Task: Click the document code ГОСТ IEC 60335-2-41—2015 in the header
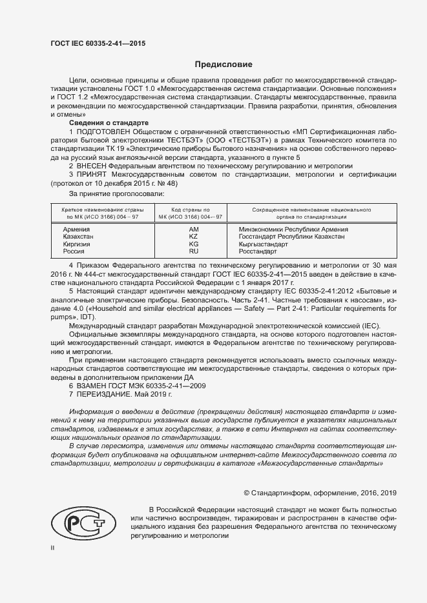(98, 43)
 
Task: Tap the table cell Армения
(76, 229)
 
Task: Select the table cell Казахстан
(78, 237)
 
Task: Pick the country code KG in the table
(193, 244)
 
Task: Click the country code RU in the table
(193, 252)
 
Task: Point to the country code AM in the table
(193, 229)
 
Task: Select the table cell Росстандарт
(258, 252)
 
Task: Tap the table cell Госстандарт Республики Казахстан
(291, 237)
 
